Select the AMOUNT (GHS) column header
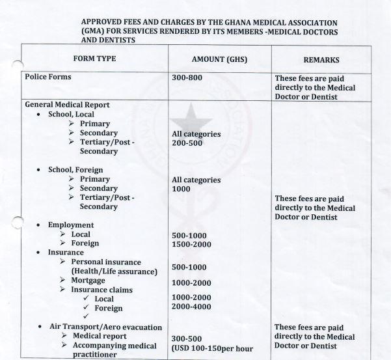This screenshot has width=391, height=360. point(207,59)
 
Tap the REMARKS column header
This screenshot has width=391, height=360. point(321,60)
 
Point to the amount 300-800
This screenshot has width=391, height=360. point(187,77)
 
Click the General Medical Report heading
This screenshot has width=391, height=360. point(67,104)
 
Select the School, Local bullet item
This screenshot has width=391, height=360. point(71,114)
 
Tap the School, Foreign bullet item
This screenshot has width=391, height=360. point(75,170)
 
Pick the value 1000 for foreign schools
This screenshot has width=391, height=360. point(182,189)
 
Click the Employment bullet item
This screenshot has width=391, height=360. point(71,225)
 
